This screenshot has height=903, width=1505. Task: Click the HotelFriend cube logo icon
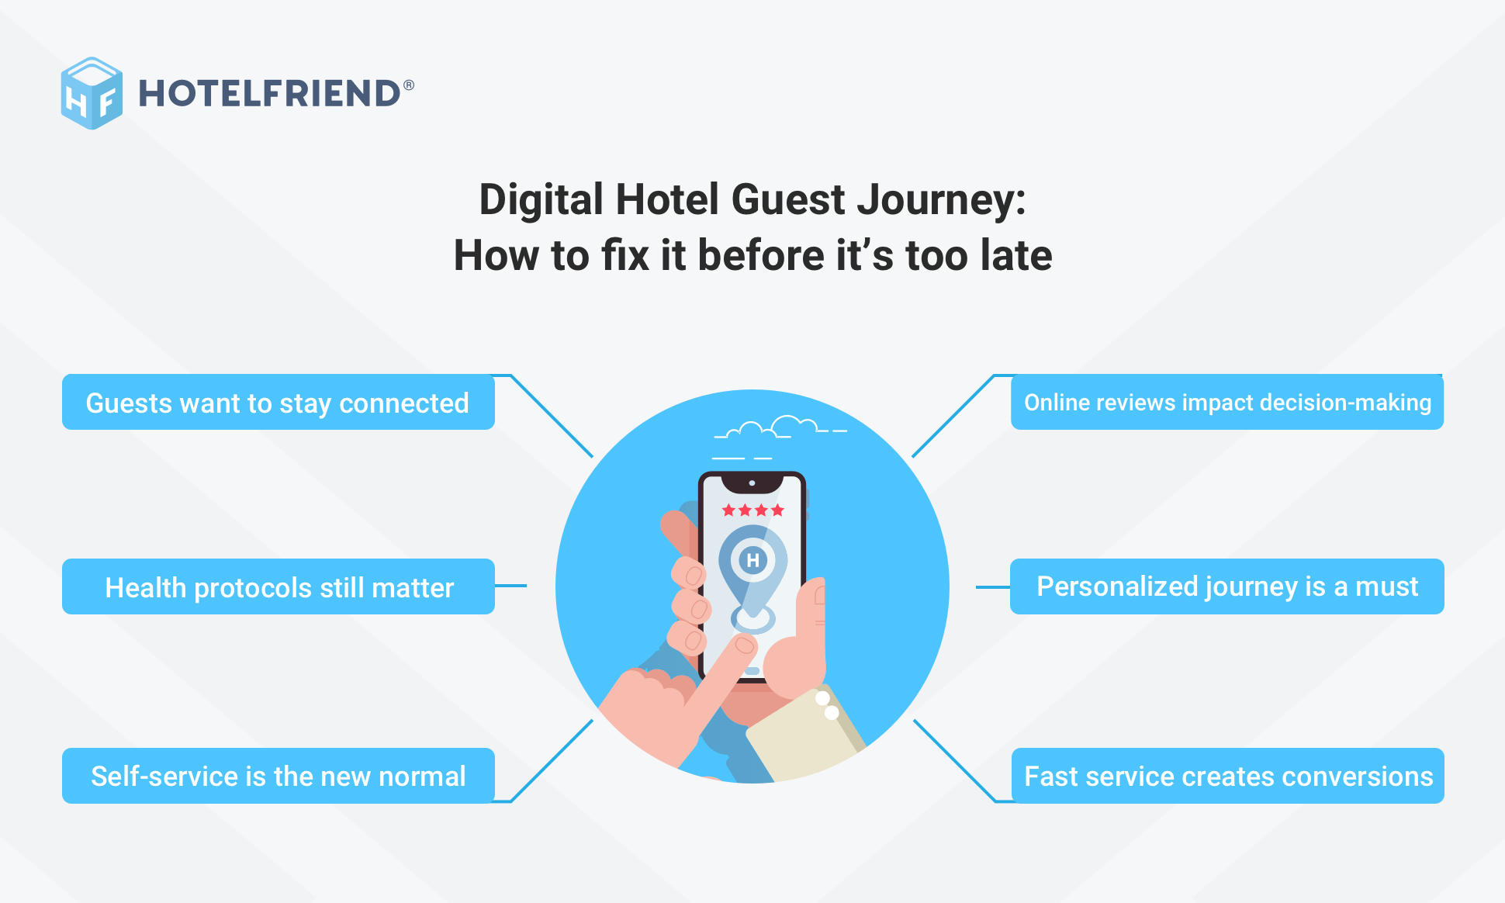[x=92, y=93]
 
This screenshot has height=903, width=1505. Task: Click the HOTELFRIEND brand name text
[x=268, y=94]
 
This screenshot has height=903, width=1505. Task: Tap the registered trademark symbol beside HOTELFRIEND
[x=409, y=85]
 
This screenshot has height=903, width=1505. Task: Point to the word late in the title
[x=1015, y=256]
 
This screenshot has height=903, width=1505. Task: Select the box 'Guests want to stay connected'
[x=278, y=403]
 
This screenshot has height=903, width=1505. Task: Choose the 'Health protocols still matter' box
[x=278, y=587]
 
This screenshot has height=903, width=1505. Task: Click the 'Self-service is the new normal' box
[x=278, y=776]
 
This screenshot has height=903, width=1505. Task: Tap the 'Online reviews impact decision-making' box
[x=1226, y=403]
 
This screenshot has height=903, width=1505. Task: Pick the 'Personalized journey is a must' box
[x=1226, y=586]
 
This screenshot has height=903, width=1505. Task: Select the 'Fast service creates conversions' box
[x=1227, y=776]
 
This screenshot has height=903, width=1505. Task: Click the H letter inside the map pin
[x=752, y=560]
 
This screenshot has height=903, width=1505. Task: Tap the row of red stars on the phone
[x=752, y=510]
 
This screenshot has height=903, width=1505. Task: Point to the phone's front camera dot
[x=752, y=483]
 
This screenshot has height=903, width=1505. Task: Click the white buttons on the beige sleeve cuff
[x=827, y=705]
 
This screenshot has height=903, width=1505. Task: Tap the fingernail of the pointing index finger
[x=745, y=645]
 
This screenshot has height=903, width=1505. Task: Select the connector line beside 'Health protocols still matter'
[x=510, y=586]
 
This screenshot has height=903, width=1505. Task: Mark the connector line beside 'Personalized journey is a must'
[x=992, y=587]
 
